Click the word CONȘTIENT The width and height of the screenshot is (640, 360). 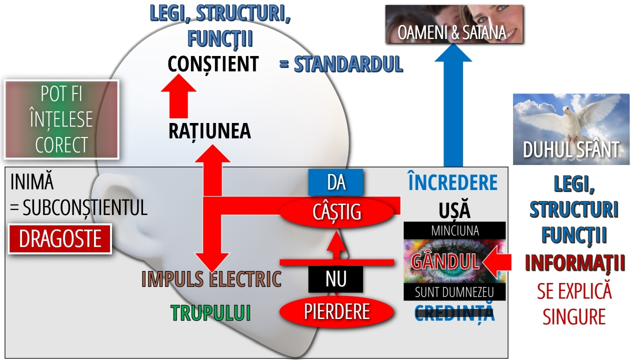coord(213,64)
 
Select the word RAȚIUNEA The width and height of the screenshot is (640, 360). coord(209,131)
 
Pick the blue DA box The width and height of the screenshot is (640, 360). coord(336,182)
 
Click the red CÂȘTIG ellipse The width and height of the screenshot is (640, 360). coord(337,212)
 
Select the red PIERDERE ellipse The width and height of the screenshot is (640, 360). coord(336,311)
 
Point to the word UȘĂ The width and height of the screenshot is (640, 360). coord(454,210)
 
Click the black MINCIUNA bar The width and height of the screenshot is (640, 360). coord(454,230)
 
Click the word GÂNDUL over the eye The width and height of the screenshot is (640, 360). coord(445,261)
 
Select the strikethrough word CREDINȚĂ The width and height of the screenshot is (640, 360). coord(454,313)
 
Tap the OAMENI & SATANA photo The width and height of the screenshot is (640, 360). coord(454,24)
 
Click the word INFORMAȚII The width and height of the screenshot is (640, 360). coord(574,263)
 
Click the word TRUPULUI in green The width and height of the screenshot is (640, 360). coord(210,313)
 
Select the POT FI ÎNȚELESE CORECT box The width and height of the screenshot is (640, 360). coord(61,119)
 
